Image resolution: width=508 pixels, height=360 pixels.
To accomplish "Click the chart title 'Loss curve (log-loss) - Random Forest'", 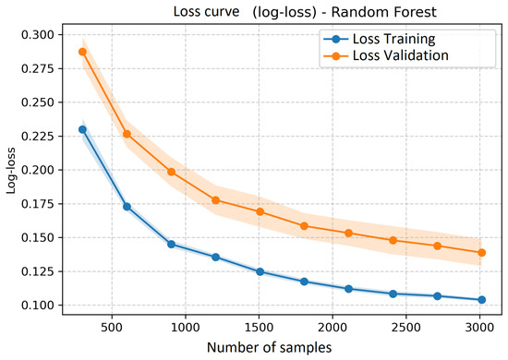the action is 305,12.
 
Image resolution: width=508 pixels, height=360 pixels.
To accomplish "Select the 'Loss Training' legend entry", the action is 380,39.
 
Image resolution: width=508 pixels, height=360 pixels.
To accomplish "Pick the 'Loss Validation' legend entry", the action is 386,55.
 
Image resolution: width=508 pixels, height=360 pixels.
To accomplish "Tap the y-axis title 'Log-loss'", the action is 11,171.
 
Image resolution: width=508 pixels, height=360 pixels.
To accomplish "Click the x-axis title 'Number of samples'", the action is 269,348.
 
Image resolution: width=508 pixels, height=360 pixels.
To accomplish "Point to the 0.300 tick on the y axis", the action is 37,35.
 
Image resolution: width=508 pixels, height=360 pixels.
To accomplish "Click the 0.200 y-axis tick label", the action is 37,170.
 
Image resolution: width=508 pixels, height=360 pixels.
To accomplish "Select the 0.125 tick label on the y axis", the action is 37,271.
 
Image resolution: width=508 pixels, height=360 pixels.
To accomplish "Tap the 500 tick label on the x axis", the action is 112,328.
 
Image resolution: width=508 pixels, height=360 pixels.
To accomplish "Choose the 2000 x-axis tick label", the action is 333,328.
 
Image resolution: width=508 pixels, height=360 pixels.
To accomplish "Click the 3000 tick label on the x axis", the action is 479,328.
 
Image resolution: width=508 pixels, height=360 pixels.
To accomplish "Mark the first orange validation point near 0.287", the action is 82,52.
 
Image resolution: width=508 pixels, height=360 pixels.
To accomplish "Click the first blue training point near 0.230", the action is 82,129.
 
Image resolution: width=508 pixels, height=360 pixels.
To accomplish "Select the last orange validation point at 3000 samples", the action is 482,253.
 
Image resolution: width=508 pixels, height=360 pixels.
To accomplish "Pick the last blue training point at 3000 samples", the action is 482,300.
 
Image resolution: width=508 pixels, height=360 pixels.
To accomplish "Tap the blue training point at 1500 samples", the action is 260,271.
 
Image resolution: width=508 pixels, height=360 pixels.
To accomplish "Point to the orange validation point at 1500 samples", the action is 260,211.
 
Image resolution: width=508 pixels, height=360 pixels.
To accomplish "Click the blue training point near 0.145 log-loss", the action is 172,244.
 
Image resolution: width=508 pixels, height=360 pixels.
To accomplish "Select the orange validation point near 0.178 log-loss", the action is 215,200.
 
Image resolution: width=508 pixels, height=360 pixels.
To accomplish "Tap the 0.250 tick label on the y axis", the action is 37,102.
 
